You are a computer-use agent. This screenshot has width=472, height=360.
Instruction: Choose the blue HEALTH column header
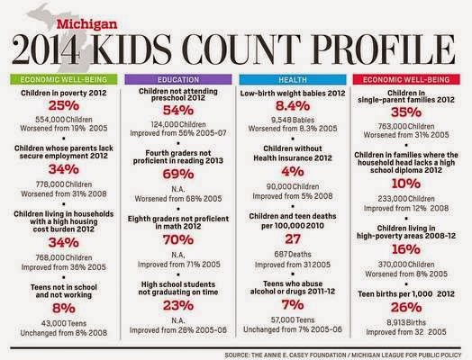pyautogui.click(x=291, y=78)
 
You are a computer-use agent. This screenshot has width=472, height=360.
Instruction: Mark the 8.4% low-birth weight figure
pyautogui.click(x=291, y=107)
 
